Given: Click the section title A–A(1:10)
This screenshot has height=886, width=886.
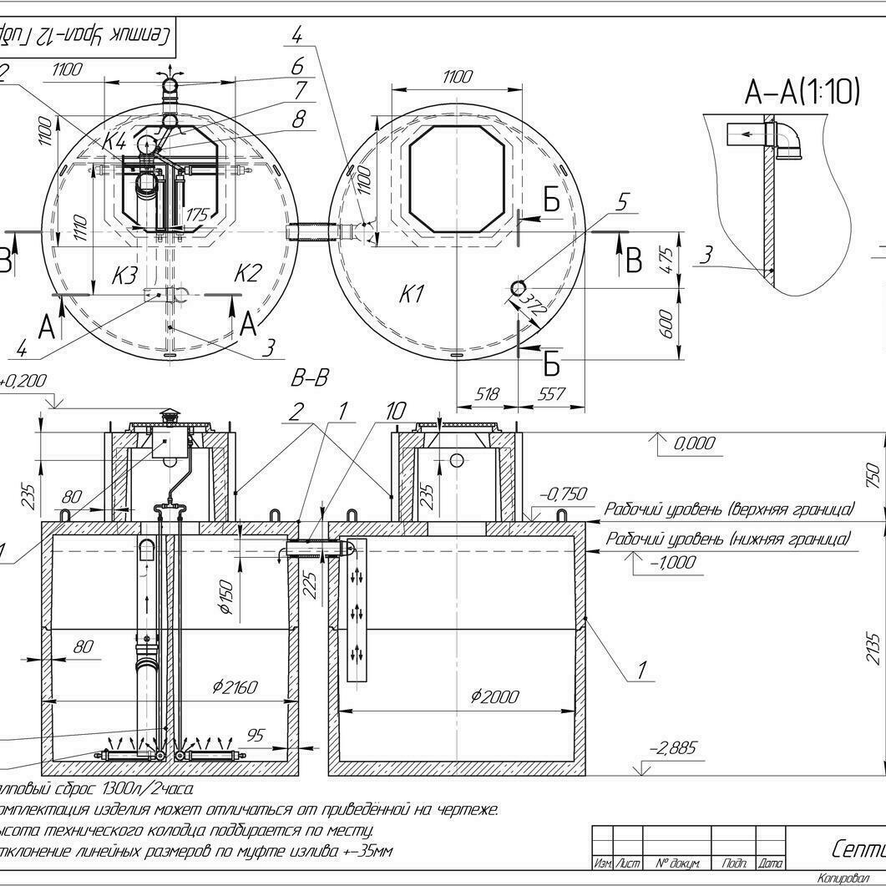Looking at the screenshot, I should [801, 92].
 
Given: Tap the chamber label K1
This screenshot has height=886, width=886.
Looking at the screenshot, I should [412, 294].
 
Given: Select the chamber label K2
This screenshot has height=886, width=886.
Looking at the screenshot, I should [247, 273].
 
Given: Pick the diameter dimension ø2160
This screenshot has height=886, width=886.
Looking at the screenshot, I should [235, 687].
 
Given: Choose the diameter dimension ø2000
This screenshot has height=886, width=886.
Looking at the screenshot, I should [494, 696].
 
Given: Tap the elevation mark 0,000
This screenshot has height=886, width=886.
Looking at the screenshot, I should [694, 443].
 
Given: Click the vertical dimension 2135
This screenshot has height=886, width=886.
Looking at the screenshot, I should [873, 646].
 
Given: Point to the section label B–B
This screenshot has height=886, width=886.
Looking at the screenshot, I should [310, 379].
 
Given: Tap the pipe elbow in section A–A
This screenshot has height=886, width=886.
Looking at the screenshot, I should [788, 138].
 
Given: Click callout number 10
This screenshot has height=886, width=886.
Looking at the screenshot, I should [395, 410].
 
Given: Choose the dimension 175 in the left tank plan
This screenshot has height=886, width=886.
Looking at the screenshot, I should [197, 215].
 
